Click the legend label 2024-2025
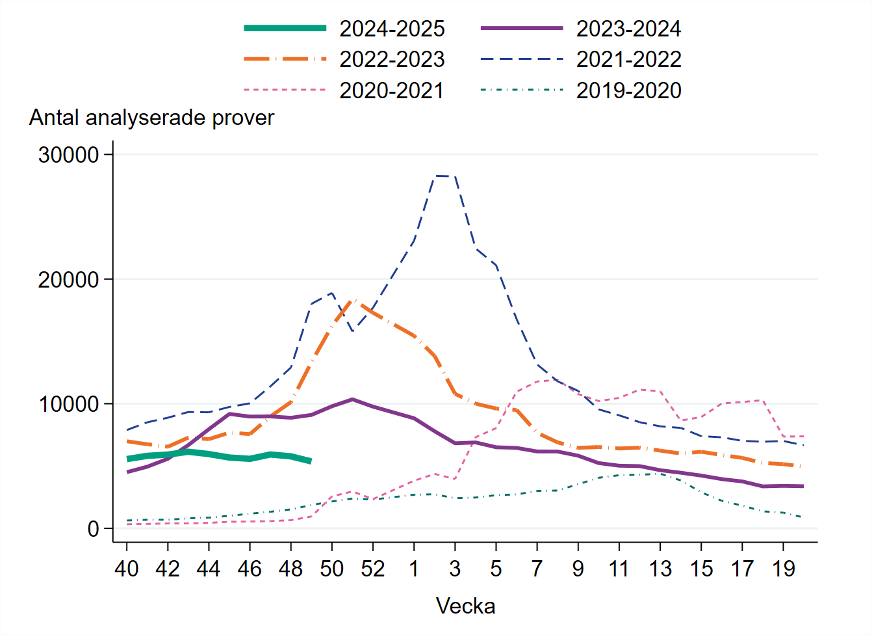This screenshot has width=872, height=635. [x=392, y=29]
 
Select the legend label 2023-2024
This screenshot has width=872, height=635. [x=628, y=29]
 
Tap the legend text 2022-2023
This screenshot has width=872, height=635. [x=392, y=59]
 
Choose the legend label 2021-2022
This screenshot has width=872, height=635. [x=628, y=59]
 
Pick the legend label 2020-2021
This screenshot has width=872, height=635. [x=392, y=90]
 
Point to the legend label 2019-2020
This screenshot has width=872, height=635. [x=628, y=90]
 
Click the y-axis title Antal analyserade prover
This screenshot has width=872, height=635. [x=151, y=118]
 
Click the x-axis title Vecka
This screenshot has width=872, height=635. [x=465, y=606]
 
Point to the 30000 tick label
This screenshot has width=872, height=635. [x=68, y=155]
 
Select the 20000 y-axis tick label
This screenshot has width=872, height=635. [x=68, y=280]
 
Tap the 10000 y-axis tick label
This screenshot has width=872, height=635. [x=68, y=404]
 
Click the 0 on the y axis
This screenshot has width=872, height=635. [x=93, y=529]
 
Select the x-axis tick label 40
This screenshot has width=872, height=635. [x=127, y=569]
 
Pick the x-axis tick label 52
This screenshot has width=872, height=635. [x=373, y=569]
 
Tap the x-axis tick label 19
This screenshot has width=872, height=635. [x=784, y=569]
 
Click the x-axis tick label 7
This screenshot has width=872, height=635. [x=537, y=569]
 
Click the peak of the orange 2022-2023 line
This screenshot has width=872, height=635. [x=353, y=301]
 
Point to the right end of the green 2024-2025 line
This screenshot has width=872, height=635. [x=311, y=461]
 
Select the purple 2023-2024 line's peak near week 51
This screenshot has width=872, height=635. [x=352, y=399]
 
